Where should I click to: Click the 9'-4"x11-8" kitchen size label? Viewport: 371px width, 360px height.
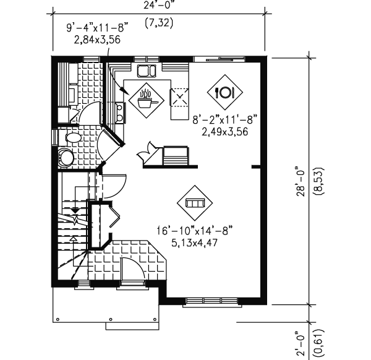(x=98, y=28)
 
